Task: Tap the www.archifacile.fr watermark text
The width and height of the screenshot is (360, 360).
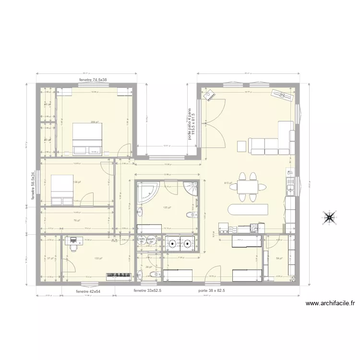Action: point(329,303)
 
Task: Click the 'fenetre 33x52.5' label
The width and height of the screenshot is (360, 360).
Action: point(147,291)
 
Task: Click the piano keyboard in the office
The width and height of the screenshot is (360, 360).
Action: point(119,276)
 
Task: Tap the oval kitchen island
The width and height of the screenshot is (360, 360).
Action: point(248,210)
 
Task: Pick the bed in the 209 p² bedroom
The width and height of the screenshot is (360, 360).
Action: point(87,140)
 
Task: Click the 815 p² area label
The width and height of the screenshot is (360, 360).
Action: point(228,183)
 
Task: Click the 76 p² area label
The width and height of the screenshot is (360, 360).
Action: point(76,220)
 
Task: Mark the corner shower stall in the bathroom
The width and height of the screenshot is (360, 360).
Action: point(192,188)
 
